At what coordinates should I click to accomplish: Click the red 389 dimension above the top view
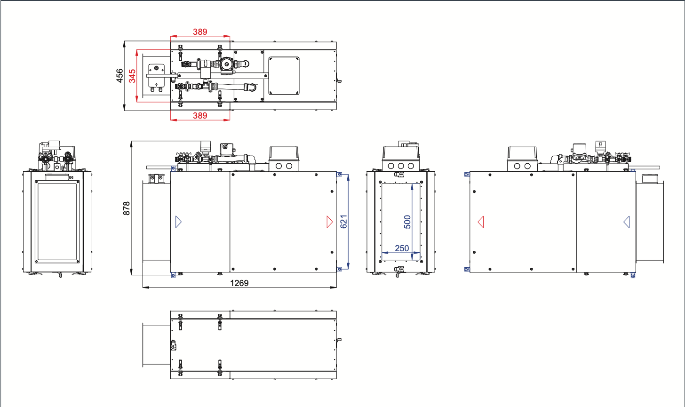pyautogui.click(x=200, y=32)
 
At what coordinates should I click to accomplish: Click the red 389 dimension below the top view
pyautogui.click(x=200, y=116)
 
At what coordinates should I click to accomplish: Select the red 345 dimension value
pyautogui.click(x=132, y=76)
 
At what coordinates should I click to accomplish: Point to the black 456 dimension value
pyautogui.click(x=119, y=76)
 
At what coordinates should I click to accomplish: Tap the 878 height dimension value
pyautogui.click(x=127, y=208)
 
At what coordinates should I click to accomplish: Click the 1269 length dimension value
pyautogui.click(x=239, y=283)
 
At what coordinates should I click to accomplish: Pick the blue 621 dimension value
pyautogui.click(x=344, y=222)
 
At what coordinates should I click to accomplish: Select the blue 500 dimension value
pyautogui.click(x=407, y=222)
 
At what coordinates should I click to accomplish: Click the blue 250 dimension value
pyautogui.click(x=402, y=248)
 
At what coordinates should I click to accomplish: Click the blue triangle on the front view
pyautogui.click(x=178, y=222)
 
